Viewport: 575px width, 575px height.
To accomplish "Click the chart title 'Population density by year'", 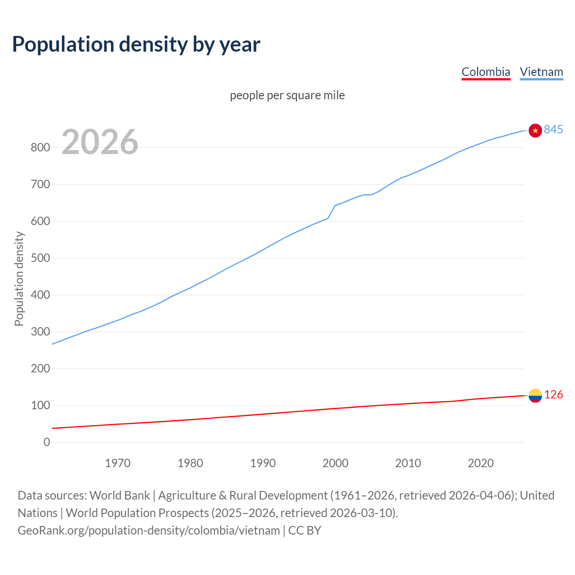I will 136,44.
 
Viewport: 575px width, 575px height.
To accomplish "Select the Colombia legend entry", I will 486,72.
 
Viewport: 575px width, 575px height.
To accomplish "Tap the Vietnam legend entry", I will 541,72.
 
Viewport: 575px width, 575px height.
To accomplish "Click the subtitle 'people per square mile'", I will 287,96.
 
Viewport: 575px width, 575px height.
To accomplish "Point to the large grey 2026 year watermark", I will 100,142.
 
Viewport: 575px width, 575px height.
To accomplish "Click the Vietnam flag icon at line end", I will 535,130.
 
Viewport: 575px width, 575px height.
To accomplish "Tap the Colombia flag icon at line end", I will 535,395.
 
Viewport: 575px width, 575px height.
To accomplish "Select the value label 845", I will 553,130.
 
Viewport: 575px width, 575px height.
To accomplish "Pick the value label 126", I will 553,395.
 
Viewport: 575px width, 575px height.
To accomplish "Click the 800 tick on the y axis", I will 40,148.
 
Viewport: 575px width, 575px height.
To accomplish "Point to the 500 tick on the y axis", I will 40,258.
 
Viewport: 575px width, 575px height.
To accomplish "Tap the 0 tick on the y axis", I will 47,442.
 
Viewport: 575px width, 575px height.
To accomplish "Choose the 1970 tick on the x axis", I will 118,463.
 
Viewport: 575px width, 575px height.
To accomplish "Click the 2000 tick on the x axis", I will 335,463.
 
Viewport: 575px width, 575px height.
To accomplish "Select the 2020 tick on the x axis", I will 481,463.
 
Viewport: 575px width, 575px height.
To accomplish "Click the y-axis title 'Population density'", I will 19,279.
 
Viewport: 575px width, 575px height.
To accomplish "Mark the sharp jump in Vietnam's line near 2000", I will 332,212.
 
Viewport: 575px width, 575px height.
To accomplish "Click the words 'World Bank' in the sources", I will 119,495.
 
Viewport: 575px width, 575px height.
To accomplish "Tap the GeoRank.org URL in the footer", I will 149,531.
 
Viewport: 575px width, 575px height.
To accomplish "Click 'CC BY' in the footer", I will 305,531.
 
